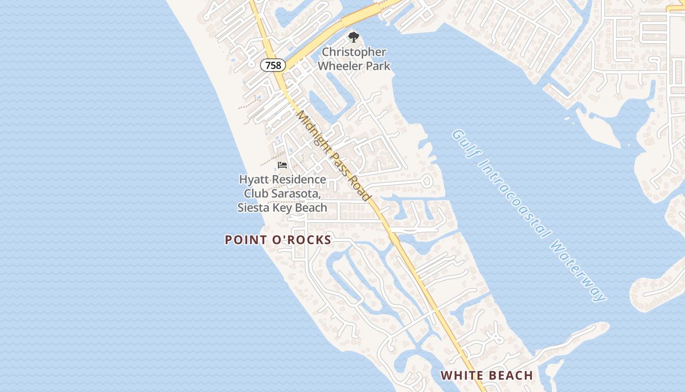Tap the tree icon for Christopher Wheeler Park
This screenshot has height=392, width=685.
pos(353,37)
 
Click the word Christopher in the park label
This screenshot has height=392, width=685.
pos(354,52)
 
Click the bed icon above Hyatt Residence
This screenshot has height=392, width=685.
pos(282,165)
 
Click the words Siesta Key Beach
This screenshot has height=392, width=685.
pos(282,207)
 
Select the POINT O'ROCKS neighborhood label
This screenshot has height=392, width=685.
pos(278,240)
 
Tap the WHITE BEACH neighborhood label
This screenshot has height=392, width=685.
pos(487,376)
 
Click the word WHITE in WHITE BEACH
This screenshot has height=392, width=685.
pos(460,376)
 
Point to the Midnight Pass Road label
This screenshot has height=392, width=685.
pos(333,155)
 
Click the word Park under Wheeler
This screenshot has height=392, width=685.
pos(380,65)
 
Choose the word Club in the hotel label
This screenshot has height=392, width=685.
pos(256,194)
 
